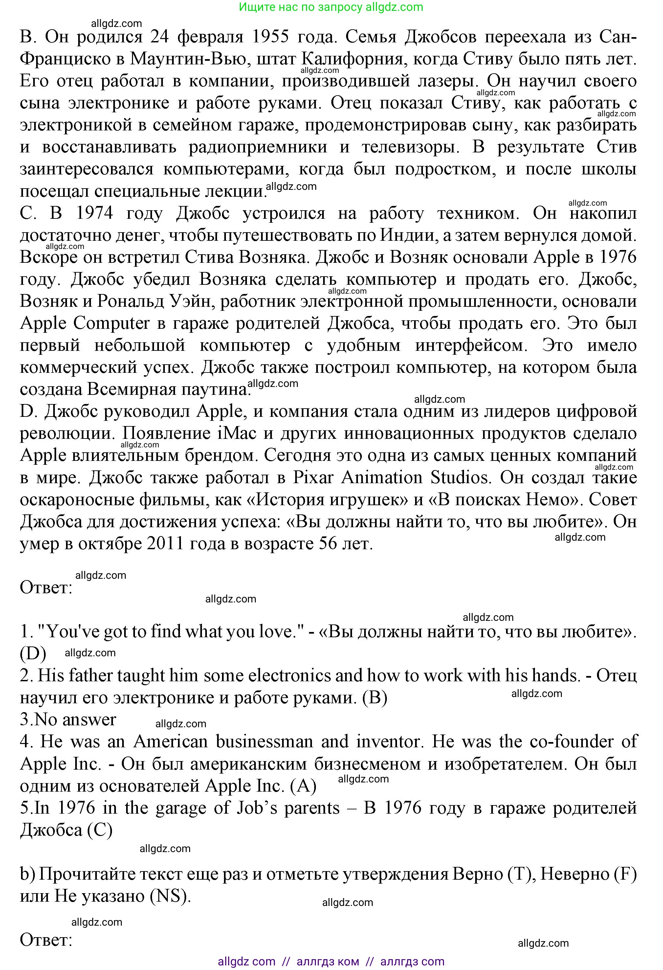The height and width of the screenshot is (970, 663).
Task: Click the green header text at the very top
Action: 331,7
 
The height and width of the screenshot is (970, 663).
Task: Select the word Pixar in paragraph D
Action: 313,478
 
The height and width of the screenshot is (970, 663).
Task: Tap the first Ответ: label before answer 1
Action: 46,588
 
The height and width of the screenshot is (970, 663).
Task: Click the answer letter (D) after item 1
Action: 33,654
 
